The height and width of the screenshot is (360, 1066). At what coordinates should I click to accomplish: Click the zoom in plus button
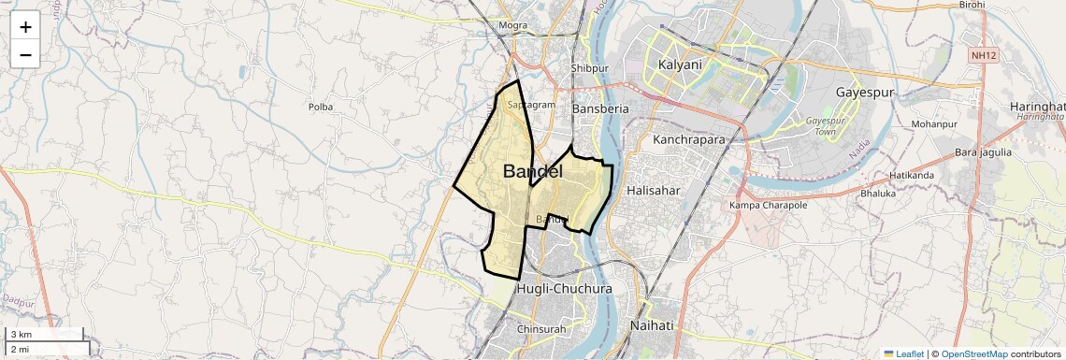click(25, 27)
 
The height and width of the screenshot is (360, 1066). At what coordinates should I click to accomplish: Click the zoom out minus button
click(25, 55)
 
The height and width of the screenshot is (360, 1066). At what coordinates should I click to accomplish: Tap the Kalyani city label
click(679, 65)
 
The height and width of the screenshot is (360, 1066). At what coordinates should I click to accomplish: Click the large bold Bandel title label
click(533, 171)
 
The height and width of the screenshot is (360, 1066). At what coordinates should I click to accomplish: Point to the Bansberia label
click(599, 108)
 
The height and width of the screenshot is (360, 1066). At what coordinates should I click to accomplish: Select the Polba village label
click(321, 107)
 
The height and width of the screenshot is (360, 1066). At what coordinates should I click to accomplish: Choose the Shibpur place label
click(590, 68)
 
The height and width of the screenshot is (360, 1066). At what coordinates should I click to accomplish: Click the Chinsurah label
click(540, 328)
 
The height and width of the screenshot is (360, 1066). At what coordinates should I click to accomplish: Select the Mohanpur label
click(934, 124)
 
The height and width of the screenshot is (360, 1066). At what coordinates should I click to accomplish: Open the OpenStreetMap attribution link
click(973, 354)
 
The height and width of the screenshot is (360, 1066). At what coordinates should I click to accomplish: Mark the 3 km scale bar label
click(21, 335)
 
